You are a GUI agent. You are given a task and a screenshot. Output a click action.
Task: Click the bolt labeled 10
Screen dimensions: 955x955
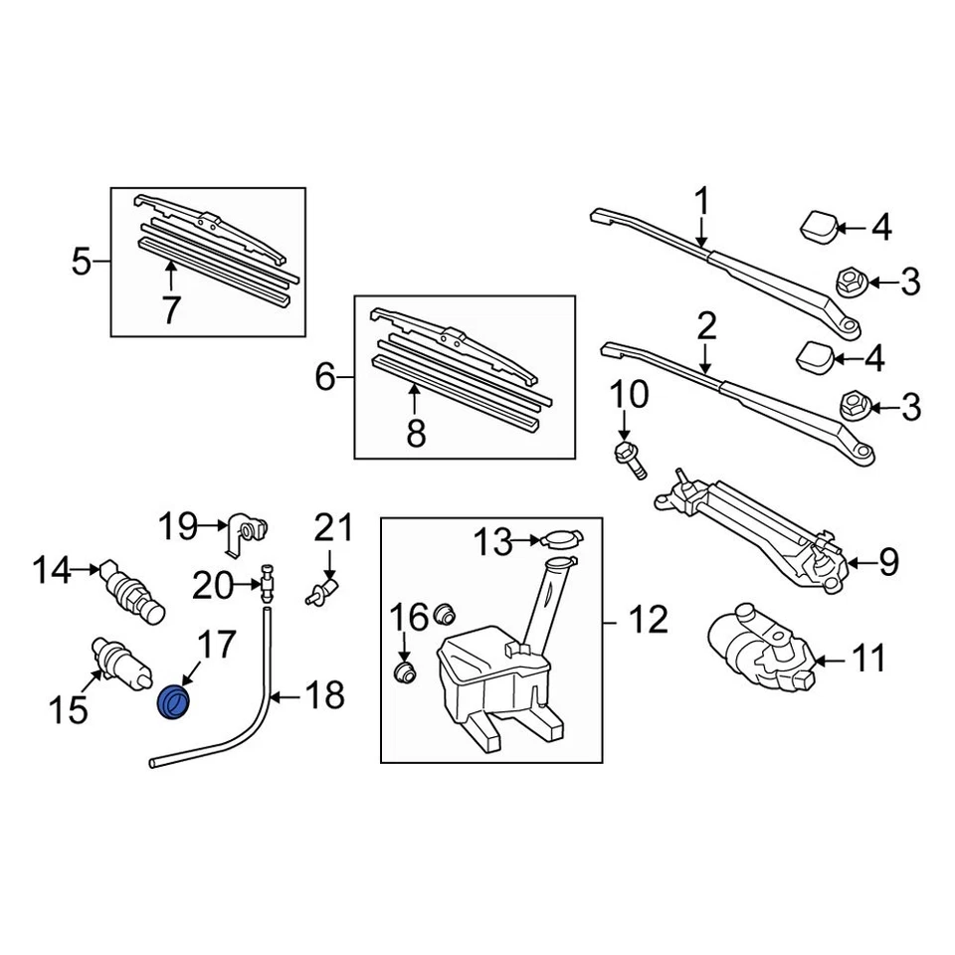coord(630,458)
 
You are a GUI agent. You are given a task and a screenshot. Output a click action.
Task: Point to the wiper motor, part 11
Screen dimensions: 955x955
coord(756,647)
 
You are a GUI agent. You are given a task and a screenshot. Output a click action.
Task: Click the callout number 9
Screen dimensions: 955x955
coord(887,564)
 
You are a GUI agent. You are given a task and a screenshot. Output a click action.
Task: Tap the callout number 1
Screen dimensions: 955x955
coord(702,203)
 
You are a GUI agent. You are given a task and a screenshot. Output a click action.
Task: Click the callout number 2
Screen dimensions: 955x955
coord(705,325)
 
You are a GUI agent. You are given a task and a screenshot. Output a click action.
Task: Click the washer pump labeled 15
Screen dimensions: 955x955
coord(119,662)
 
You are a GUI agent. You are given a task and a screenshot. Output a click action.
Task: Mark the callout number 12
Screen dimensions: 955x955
coord(648,622)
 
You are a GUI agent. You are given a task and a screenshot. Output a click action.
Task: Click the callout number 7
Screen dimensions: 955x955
coord(171,311)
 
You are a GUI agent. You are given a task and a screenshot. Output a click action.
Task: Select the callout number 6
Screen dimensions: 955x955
coord(325,378)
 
